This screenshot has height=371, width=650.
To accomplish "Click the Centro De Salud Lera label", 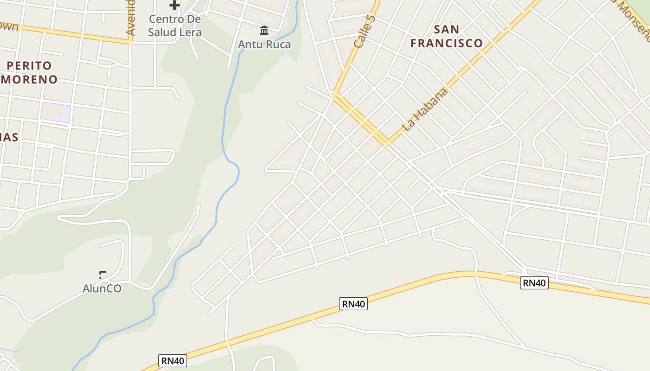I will pyautogui.click(x=175, y=26).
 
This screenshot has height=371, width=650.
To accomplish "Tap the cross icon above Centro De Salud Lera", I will pyautogui.click(x=175, y=5).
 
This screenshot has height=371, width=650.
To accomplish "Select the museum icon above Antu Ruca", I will pyautogui.click(x=264, y=31).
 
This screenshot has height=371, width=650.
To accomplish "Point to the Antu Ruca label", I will pyautogui.click(x=264, y=45).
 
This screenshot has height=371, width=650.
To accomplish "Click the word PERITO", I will pyautogui.click(x=29, y=65).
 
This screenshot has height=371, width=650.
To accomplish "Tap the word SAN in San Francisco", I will pyautogui.click(x=447, y=29).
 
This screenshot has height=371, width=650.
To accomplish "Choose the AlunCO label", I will pyautogui.click(x=102, y=288).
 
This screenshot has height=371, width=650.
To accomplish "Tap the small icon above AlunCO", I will pyautogui.click(x=103, y=275).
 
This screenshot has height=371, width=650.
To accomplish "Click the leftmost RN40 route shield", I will pyautogui.click(x=173, y=361).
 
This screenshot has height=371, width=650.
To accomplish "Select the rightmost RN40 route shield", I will pyautogui.click(x=534, y=283).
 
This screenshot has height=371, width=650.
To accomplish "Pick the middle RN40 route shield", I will pyautogui.click(x=353, y=304).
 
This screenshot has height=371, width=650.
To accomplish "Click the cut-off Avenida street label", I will pyautogui.click(x=130, y=18).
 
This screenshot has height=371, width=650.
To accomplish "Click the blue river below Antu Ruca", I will pyautogui.click(x=227, y=107).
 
